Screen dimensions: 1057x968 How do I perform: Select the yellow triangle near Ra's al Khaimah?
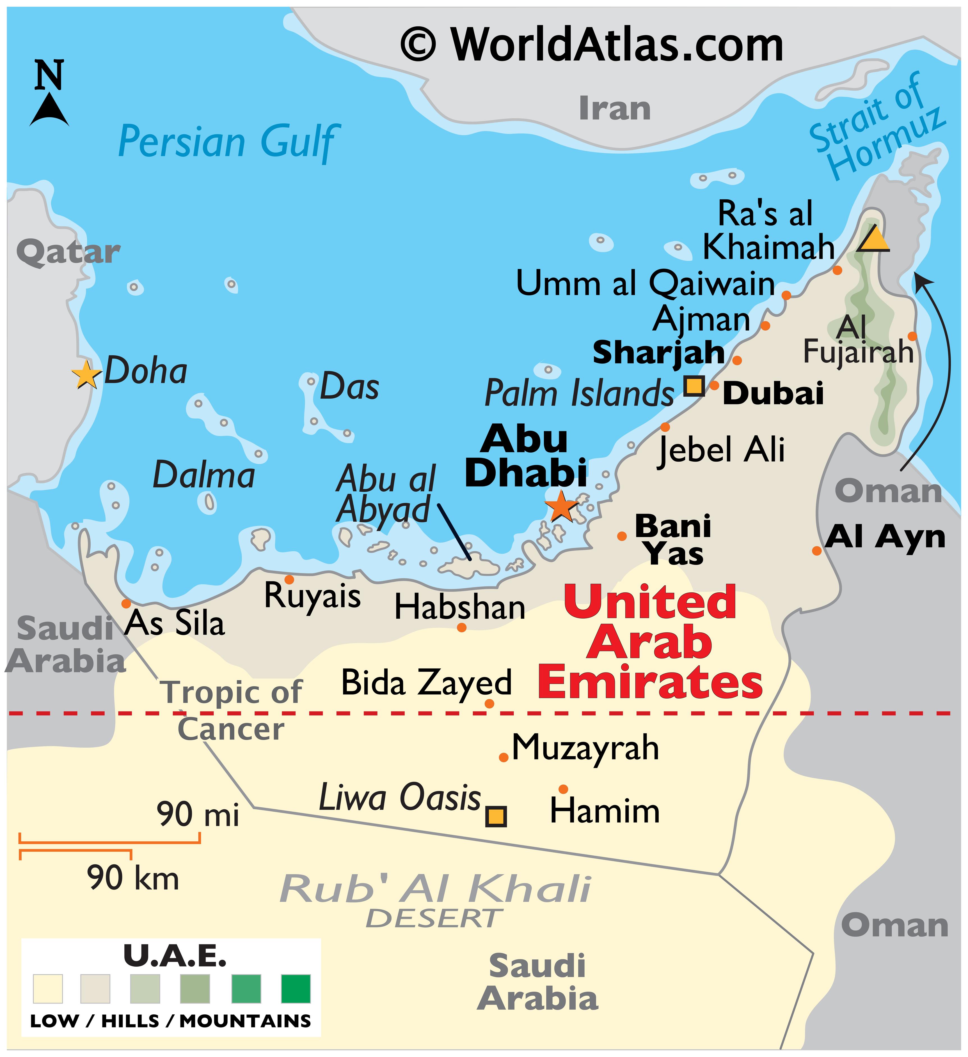click(x=874, y=240)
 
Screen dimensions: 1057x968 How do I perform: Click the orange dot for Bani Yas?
click(x=622, y=536)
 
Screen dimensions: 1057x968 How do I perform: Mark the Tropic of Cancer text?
click(x=231, y=710)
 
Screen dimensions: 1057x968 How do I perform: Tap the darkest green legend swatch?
click(x=295, y=988)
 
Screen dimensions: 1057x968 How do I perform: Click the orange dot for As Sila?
click(x=126, y=604)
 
